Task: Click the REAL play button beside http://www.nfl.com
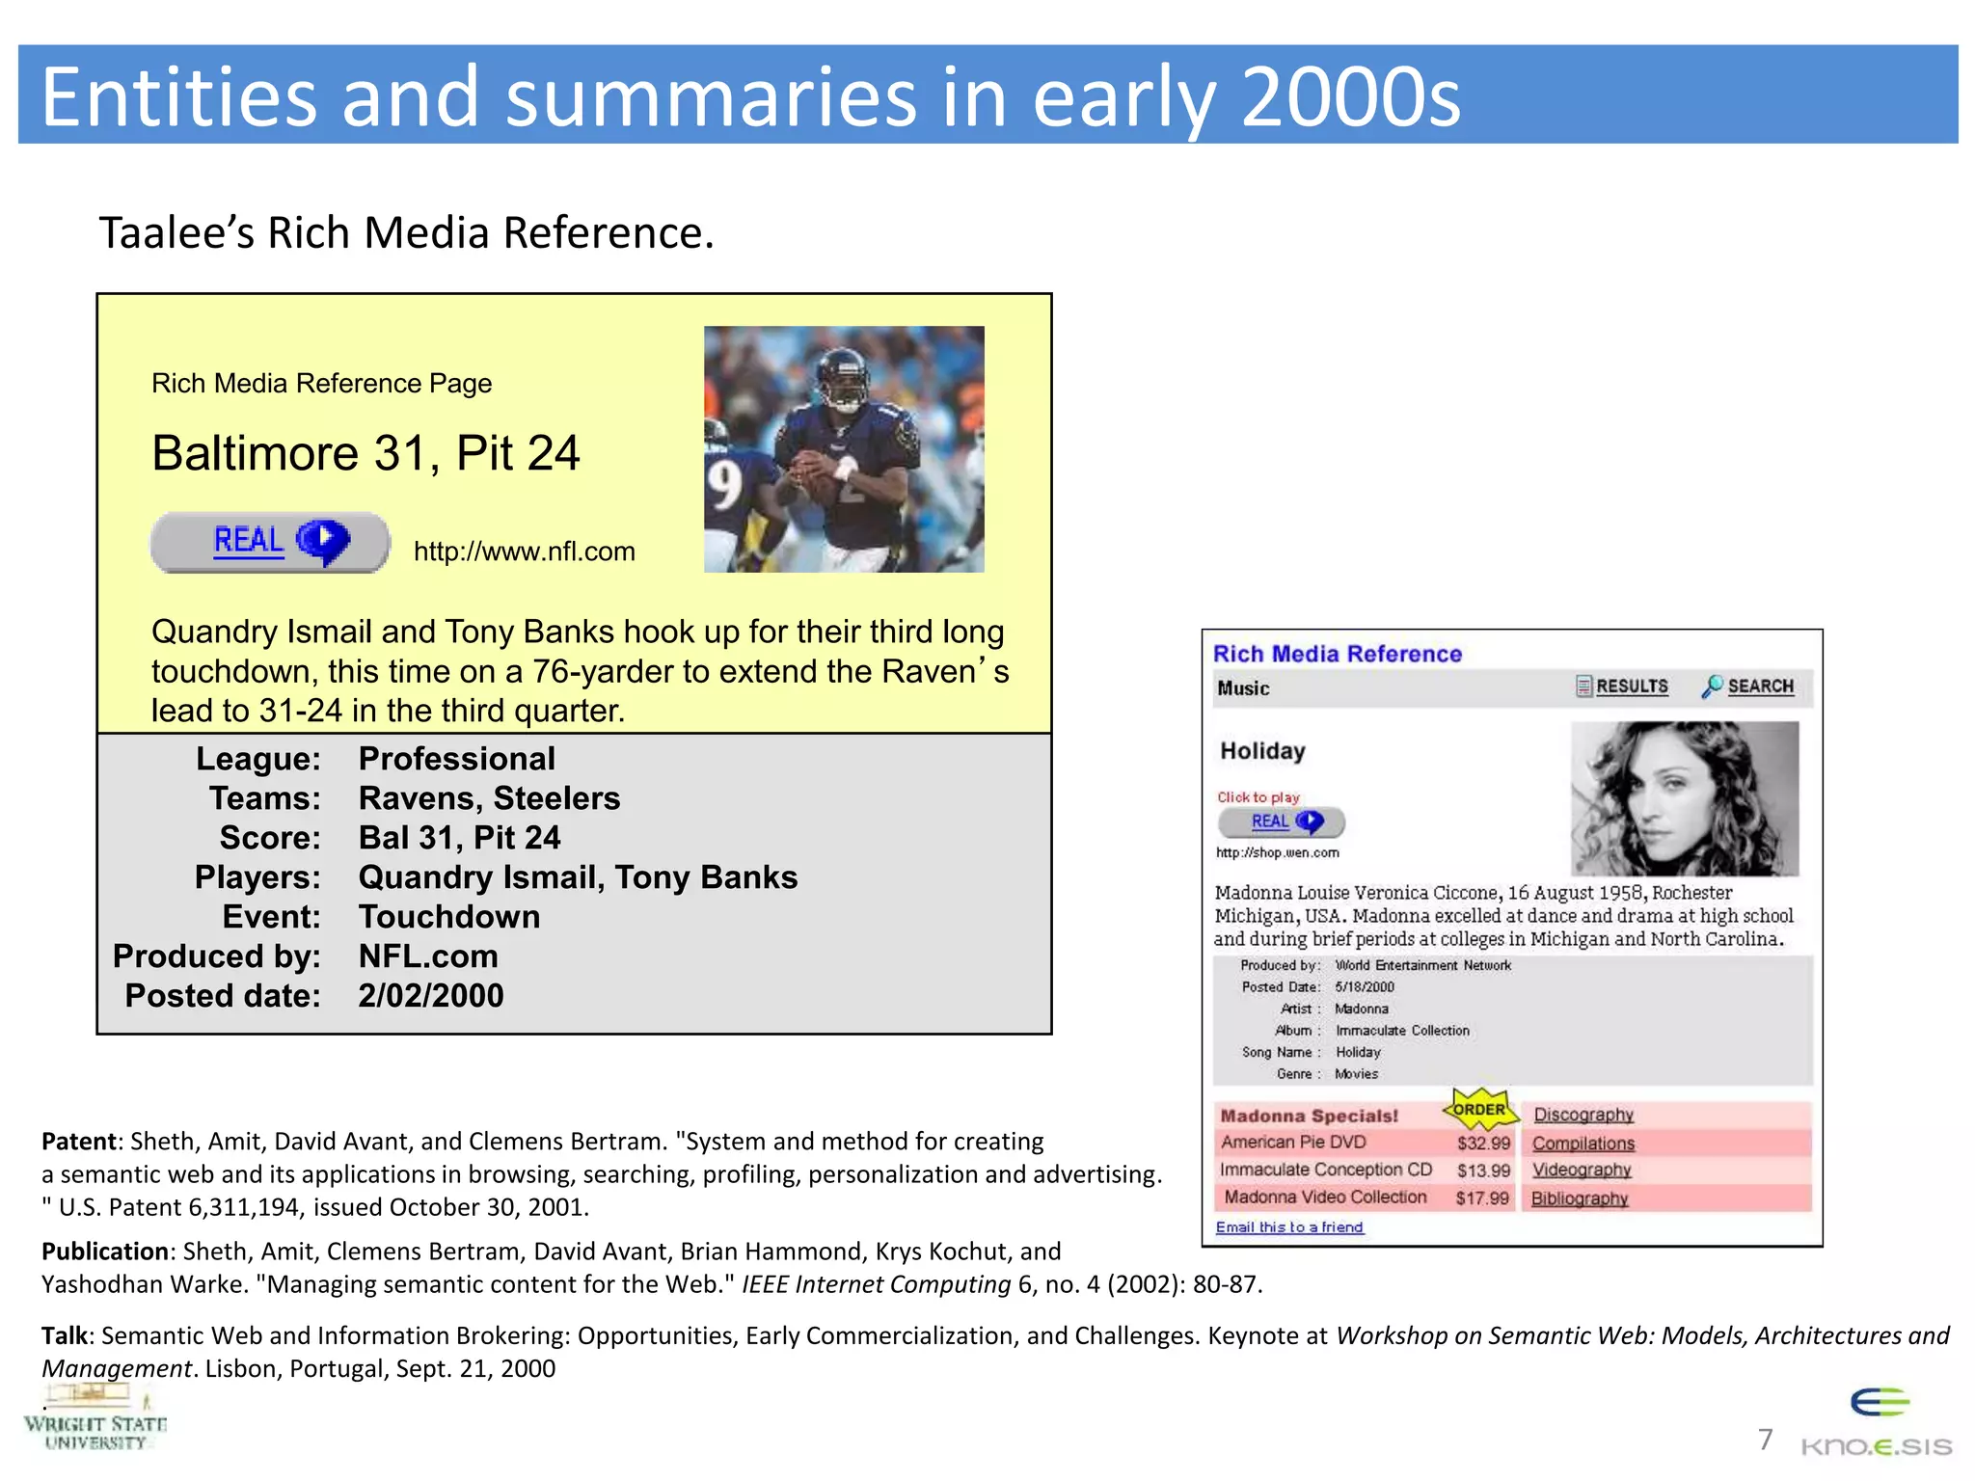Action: (x=270, y=542)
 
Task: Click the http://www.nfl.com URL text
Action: (x=524, y=552)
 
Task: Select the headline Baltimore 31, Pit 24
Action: (x=365, y=453)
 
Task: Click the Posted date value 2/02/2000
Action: (x=431, y=995)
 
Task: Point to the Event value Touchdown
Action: (x=448, y=916)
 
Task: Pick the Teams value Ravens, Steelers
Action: (x=489, y=798)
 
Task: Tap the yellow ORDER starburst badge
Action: (x=1479, y=1110)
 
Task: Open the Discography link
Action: (x=1583, y=1115)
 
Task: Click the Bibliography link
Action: (x=1579, y=1198)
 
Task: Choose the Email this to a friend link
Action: (x=1289, y=1227)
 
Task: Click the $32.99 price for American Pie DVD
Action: (x=1483, y=1144)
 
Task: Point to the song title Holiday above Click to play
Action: (x=1262, y=751)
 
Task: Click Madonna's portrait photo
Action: (x=1684, y=798)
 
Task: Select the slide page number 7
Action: (x=1765, y=1440)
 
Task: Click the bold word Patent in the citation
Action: (x=78, y=1142)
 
